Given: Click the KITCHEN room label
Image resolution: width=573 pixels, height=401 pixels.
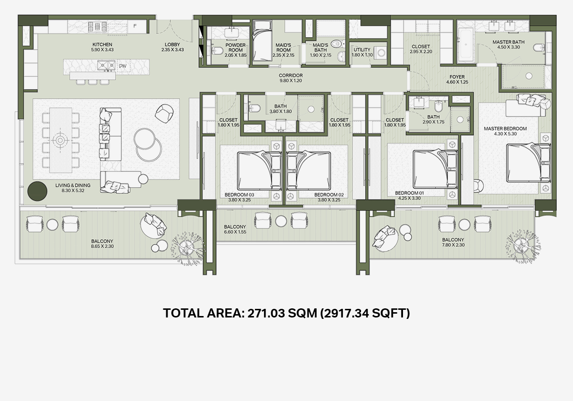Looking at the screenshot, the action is tap(102, 44).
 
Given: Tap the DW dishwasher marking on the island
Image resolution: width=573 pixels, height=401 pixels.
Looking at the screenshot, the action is tap(123, 66).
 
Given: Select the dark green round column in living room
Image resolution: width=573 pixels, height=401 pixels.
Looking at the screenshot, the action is tap(37, 191).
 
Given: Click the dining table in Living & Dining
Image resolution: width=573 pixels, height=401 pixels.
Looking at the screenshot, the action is tap(61, 140).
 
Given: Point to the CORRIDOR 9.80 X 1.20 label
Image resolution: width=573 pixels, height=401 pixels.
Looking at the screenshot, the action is tap(291, 78).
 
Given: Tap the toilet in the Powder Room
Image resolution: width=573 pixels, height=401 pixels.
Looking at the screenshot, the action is tap(217, 51).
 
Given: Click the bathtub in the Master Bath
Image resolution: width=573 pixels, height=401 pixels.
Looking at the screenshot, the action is tap(466, 45).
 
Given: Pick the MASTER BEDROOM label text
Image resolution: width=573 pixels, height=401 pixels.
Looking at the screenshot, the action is tap(505, 128).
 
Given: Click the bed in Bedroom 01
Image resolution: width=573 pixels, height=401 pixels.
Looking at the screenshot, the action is tap(435, 169).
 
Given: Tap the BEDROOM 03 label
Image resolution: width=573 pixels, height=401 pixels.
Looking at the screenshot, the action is tap(239, 195).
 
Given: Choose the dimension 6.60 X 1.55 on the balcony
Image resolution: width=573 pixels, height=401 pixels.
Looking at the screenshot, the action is tap(235, 232).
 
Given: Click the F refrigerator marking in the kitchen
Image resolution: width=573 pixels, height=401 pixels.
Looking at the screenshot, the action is tap(135, 26).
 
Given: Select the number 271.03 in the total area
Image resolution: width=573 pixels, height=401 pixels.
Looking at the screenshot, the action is tap(266, 313).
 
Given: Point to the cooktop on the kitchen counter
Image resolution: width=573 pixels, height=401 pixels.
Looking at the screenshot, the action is tap(97, 26).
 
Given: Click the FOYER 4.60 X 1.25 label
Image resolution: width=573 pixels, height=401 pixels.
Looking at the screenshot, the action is tap(457, 80).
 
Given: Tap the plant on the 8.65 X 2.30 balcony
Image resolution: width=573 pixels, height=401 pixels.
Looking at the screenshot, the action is tap(189, 247).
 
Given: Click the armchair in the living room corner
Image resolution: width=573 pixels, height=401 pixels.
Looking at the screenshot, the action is tap(164, 113).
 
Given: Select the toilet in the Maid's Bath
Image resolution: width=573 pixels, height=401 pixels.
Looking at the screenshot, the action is tap(338, 44).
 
